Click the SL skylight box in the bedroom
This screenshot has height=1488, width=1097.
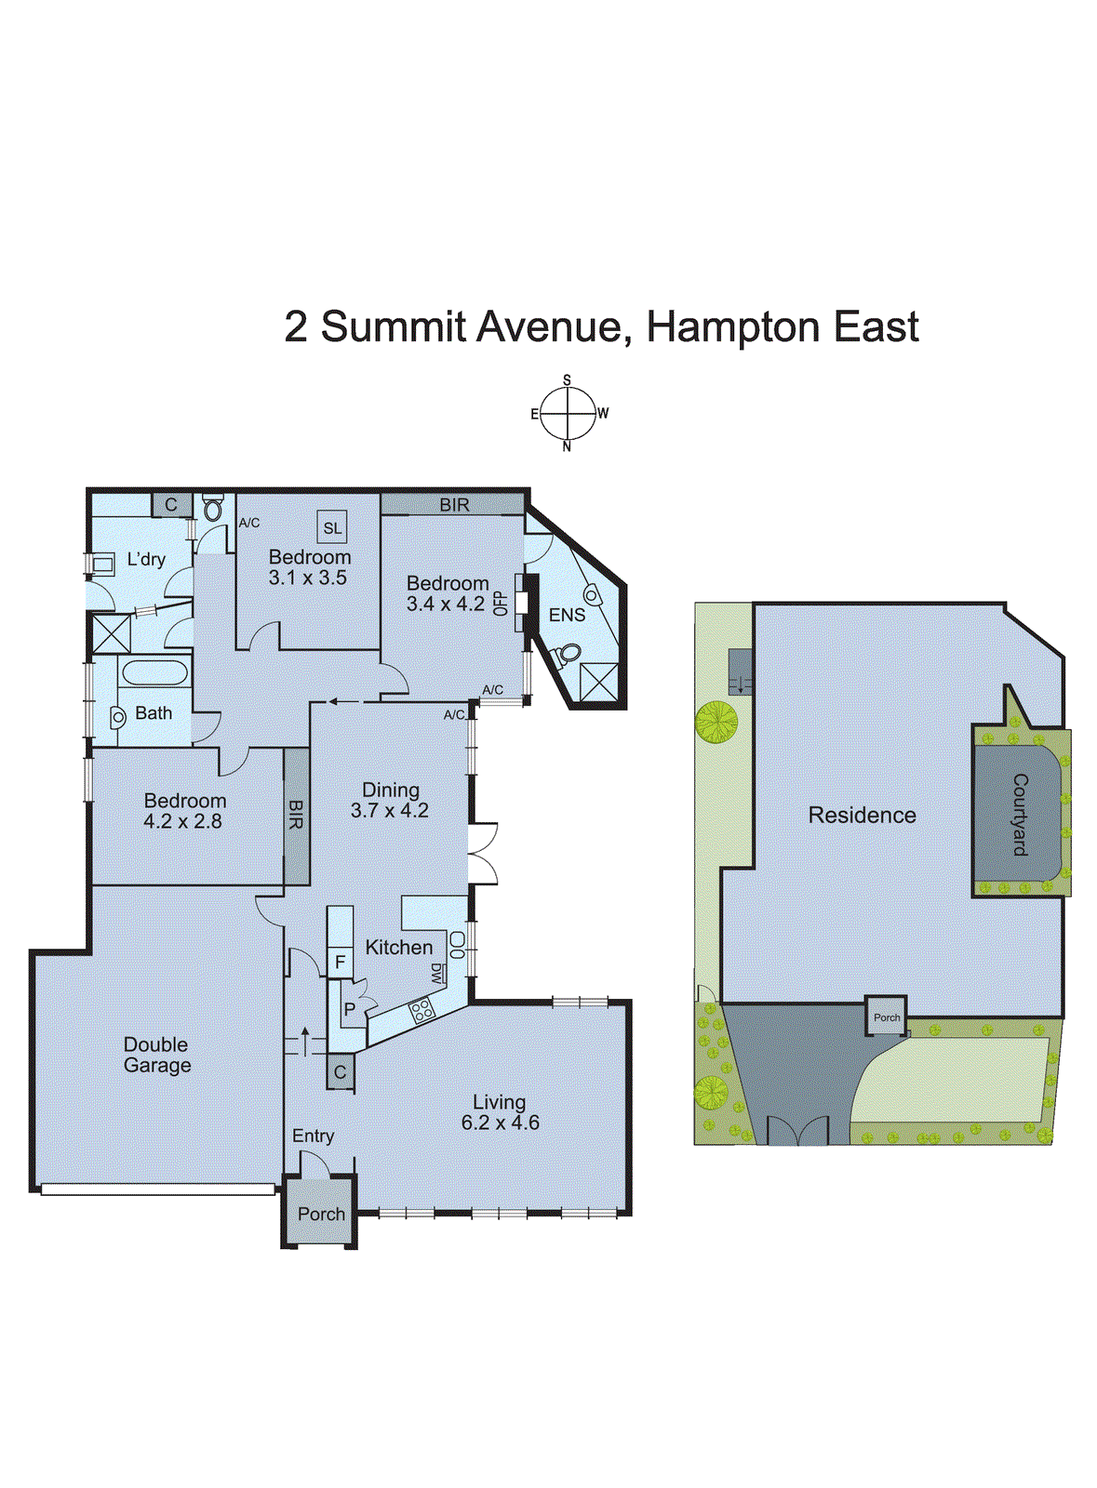click(x=332, y=527)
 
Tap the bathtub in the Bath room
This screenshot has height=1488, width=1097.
click(x=154, y=672)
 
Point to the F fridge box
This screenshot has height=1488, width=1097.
click(x=340, y=963)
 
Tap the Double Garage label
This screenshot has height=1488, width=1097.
click(x=156, y=1055)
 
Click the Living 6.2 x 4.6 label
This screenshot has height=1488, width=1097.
click(x=500, y=1112)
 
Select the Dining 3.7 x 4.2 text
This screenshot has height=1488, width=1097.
click(x=390, y=800)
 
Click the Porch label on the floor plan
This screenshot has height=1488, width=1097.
click(x=321, y=1214)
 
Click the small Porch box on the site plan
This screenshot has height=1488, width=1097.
click(x=886, y=1017)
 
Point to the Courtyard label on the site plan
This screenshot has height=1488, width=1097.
click(x=1020, y=815)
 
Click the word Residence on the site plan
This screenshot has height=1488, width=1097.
click(x=862, y=816)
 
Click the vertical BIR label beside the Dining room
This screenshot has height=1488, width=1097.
click(x=296, y=815)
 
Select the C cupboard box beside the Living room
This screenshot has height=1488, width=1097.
click(x=340, y=1072)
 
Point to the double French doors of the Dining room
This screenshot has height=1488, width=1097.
click(x=483, y=853)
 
